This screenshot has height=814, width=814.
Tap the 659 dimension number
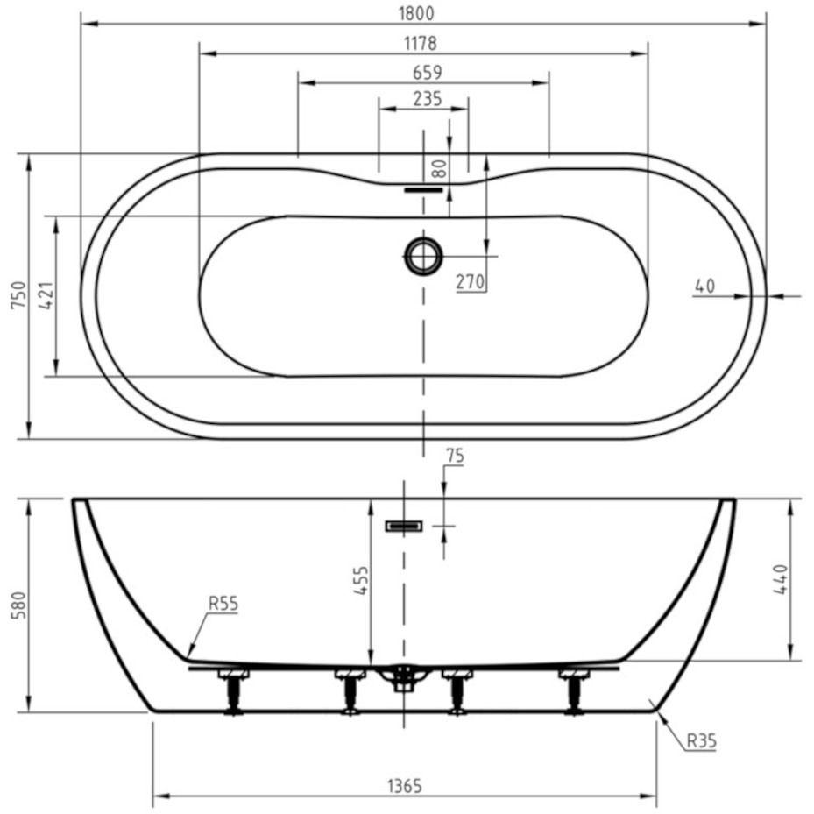(424, 73)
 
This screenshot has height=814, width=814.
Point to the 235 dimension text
(424, 99)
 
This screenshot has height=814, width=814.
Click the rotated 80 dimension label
(440, 168)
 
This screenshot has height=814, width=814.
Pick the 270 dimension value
(470, 282)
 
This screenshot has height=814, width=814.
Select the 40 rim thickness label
(704, 286)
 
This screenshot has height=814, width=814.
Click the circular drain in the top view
(423, 256)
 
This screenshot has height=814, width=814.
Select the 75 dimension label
(455, 456)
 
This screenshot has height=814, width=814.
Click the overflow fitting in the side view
(404, 526)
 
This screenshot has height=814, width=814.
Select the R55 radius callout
(223, 603)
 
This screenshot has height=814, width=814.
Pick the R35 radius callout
(700, 740)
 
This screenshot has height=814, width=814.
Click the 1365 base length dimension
(403, 786)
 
